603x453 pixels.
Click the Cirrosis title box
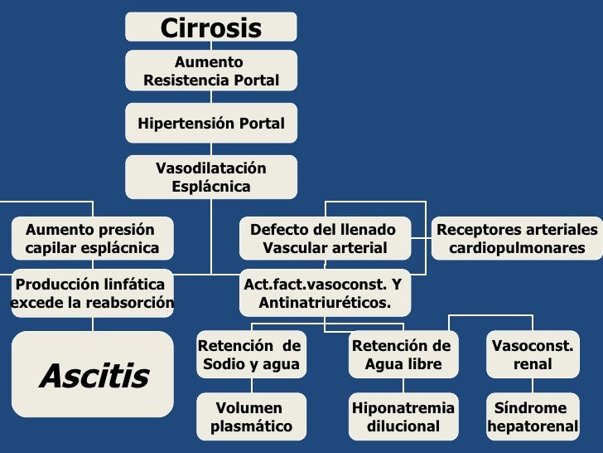pos(210,27)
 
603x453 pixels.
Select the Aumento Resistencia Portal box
pos(210,71)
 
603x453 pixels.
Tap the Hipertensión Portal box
pos(210,124)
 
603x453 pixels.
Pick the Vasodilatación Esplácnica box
pos(210,178)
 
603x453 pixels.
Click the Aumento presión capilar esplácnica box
pos(90,238)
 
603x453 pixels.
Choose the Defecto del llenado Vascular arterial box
pos(324,238)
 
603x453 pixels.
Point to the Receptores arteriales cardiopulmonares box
pos(516,238)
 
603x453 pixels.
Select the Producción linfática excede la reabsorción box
pos(90,294)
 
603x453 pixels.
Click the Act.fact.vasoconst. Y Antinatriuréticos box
pos(324,294)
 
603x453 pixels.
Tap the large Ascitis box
pos(93,375)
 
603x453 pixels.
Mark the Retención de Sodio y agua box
pos(250,355)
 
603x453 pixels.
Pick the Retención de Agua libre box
pos(403,355)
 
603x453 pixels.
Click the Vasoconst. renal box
pos(533,355)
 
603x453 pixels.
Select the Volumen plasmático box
pos(250,417)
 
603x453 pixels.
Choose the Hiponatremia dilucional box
pos(403,417)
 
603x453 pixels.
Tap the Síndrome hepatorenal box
pos(533,417)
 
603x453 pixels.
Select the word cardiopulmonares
pos(517,248)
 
